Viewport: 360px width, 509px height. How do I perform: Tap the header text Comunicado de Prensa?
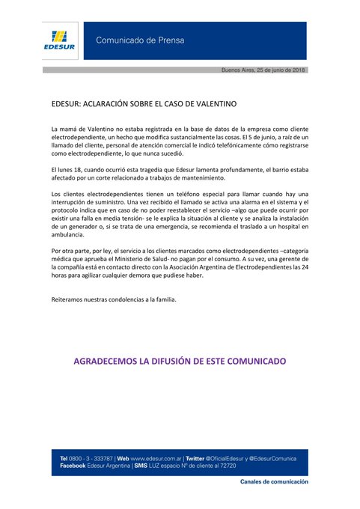[x=139, y=40]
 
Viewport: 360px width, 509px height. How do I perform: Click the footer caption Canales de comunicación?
[x=274, y=483]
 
